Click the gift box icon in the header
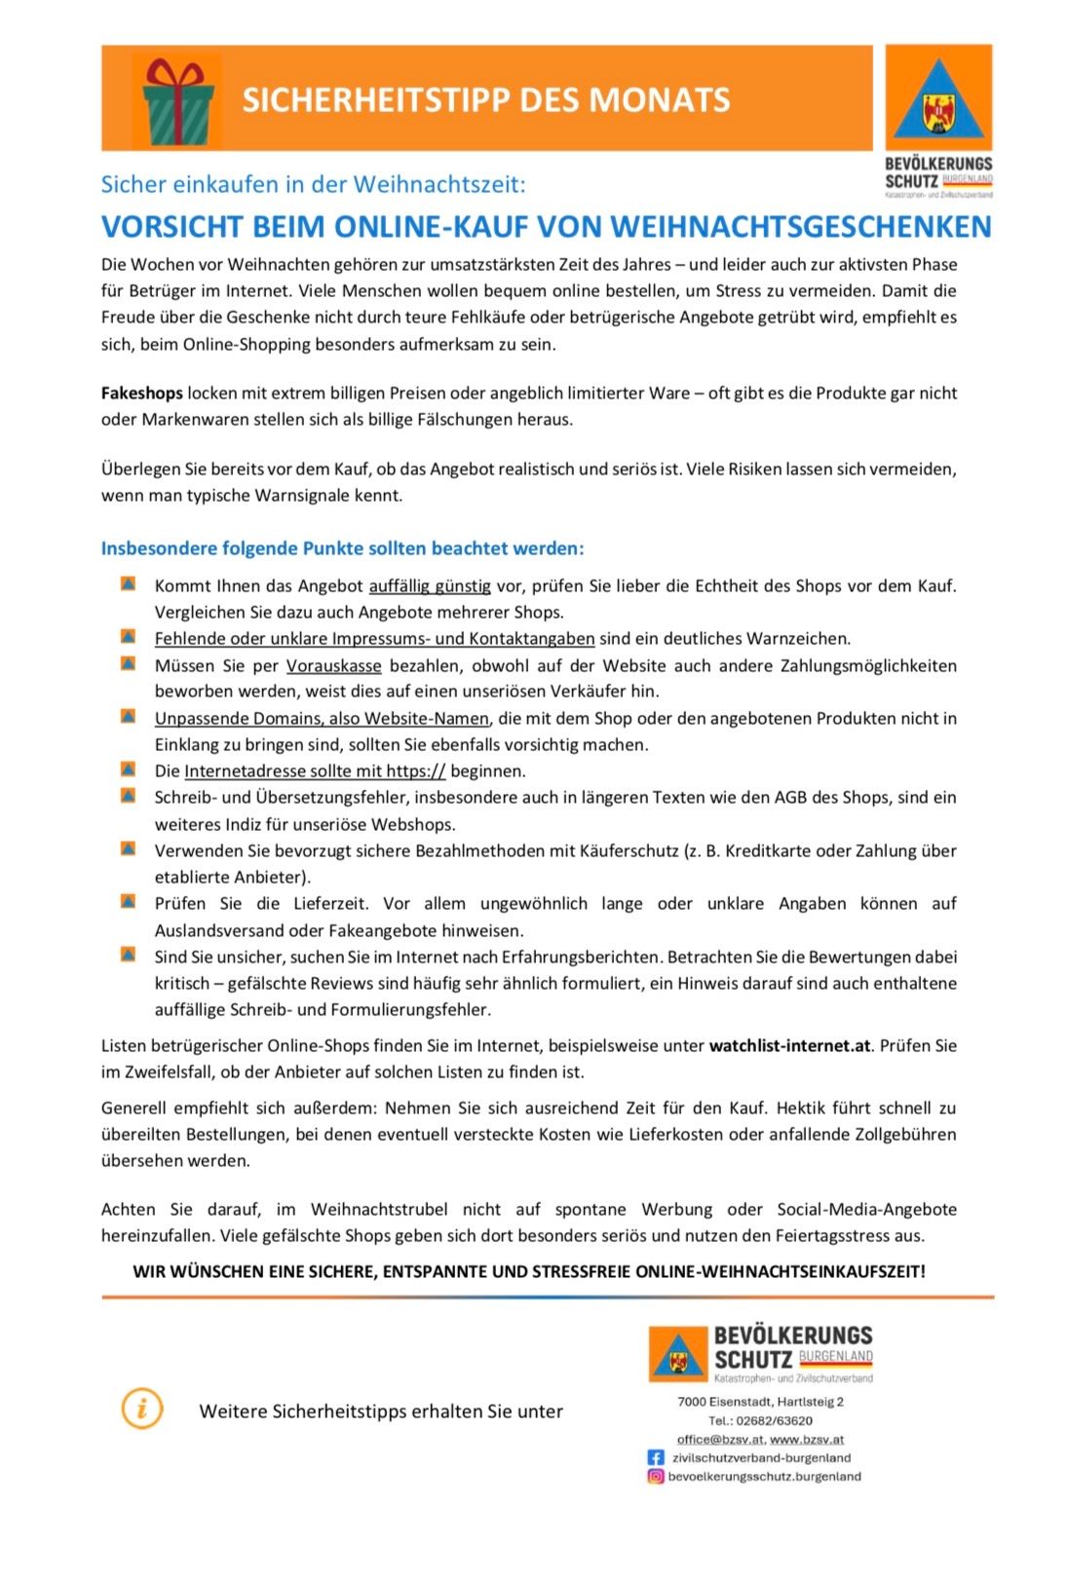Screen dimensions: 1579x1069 point(176,100)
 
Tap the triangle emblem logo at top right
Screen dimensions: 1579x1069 point(937,99)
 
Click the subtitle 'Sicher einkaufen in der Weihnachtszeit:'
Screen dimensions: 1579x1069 point(313,184)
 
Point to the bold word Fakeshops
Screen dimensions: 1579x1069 point(142,394)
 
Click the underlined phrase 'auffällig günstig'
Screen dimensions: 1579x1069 point(430,586)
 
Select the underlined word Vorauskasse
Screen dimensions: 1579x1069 point(333,666)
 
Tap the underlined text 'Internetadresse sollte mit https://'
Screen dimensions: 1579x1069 point(315,771)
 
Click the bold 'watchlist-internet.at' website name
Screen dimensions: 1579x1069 point(789,1046)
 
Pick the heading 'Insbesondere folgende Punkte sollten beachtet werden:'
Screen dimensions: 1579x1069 point(342,548)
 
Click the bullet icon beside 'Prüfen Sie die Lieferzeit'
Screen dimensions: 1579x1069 point(128,901)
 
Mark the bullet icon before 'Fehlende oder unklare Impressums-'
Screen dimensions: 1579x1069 point(128,637)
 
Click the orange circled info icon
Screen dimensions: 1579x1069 point(142,1410)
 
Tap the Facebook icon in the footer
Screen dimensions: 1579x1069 point(656,1458)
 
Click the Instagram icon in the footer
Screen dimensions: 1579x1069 point(656,1477)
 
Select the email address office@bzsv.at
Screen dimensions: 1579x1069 point(720,1440)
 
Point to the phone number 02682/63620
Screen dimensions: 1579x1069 point(774,1421)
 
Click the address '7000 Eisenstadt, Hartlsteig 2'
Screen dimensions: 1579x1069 point(760,1403)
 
